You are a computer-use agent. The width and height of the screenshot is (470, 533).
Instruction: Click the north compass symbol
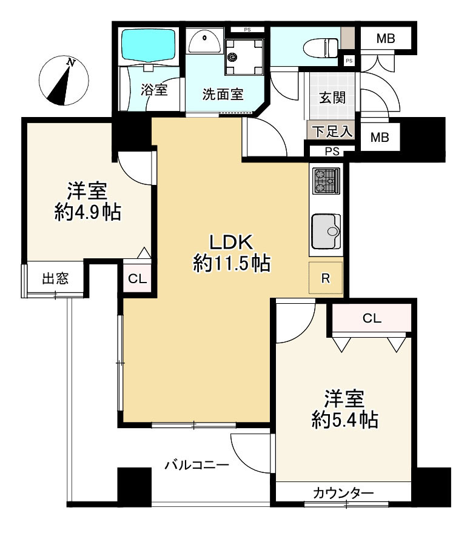(x=64, y=81)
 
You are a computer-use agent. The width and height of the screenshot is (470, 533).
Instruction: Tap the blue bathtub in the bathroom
(x=149, y=45)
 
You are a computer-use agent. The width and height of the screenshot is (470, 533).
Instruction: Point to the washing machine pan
(x=244, y=57)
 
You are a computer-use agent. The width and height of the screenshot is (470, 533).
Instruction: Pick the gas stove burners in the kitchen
(x=326, y=181)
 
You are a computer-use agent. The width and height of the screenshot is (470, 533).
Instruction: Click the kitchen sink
(x=326, y=231)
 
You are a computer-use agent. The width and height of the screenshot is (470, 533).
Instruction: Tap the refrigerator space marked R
(x=326, y=278)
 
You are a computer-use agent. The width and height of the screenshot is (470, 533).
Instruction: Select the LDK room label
(x=231, y=243)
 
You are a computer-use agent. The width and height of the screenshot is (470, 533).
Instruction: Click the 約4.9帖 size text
(x=88, y=213)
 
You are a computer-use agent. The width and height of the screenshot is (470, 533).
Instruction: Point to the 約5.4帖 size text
(x=345, y=420)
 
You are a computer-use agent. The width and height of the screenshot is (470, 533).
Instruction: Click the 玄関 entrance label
(x=332, y=98)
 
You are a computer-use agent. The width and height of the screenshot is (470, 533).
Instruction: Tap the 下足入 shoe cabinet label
(x=332, y=131)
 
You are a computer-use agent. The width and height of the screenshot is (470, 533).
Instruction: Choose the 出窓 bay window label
(x=55, y=278)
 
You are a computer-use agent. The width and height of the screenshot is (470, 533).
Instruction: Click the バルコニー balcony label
(x=197, y=464)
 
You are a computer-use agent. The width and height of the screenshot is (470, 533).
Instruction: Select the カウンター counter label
(x=343, y=492)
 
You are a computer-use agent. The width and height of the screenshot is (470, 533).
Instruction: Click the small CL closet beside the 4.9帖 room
(x=138, y=279)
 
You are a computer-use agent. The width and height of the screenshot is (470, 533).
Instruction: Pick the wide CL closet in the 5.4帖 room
(x=372, y=318)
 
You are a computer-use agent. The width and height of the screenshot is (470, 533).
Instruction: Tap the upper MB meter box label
(x=386, y=38)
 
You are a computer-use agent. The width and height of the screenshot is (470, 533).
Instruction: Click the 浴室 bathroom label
(x=154, y=90)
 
